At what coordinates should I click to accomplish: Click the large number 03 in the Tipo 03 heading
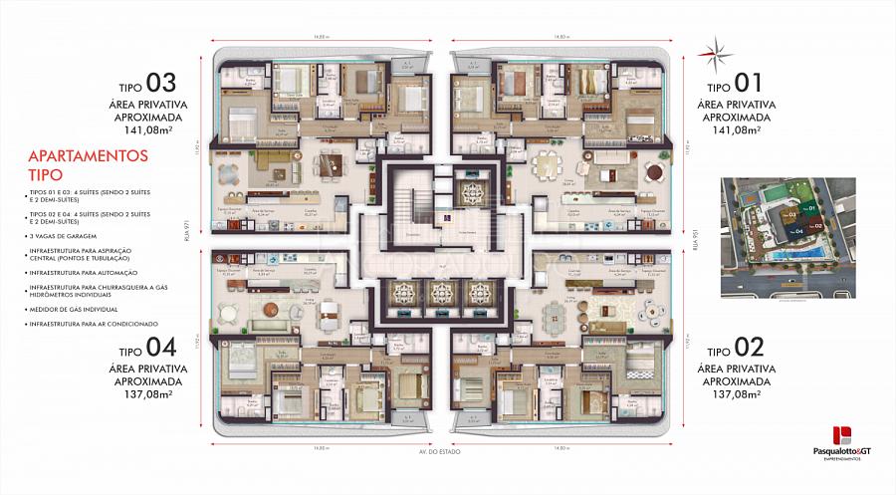(161, 83)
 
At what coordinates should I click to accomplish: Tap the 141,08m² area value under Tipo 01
(734, 128)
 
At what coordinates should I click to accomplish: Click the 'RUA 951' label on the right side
(696, 243)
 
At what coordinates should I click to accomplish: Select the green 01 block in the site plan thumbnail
(811, 208)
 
